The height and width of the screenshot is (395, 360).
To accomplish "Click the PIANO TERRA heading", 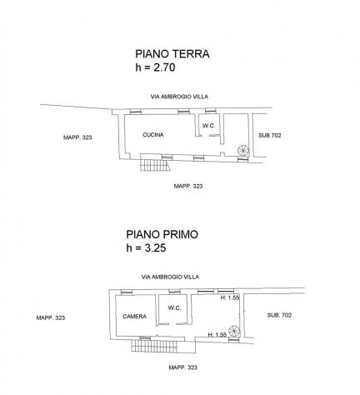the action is [172, 54].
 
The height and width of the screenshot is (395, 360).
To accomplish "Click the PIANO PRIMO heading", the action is [162, 234].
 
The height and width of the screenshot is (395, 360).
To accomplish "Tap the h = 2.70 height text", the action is [155, 67].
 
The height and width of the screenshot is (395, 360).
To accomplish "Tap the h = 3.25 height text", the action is [146, 247].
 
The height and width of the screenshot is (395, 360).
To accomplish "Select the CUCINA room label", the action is [153, 135].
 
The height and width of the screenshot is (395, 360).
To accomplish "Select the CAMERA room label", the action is [135, 317].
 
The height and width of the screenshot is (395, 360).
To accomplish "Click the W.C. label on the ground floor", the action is [208, 126].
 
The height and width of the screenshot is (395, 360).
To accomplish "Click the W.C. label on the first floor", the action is [175, 307].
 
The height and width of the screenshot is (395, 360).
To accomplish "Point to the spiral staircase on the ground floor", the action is [243, 151].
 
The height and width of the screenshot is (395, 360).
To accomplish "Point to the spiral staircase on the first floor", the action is [234, 331].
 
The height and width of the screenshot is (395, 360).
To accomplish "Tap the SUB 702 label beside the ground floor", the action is [270, 136].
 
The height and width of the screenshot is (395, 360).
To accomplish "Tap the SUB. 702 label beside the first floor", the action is [279, 315].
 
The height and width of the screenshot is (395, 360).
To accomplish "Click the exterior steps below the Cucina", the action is [155, 162].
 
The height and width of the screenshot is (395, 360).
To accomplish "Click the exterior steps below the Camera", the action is [154, 346].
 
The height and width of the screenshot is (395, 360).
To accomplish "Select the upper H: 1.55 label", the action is [230, 297].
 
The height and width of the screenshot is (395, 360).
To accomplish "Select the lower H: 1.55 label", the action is [217, 335].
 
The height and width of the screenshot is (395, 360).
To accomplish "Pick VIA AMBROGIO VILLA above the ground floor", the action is [179, 97].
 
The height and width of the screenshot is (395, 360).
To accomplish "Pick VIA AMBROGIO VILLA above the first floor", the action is [170, 277].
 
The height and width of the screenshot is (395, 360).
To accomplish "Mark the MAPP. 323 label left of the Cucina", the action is [77, 137].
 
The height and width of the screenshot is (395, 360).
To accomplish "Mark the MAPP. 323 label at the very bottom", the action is [183, 367].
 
